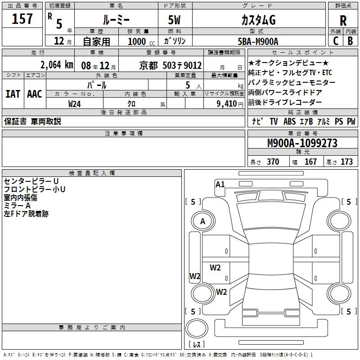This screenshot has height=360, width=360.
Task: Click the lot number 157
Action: [x=22, y=18]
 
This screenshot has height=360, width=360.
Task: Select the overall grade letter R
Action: [x=343, y=21]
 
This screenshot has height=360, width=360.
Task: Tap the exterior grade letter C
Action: [x=336, y=41]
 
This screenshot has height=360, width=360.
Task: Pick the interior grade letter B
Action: [x=350, y=41]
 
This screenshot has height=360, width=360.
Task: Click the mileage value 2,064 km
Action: [x=57, y=65]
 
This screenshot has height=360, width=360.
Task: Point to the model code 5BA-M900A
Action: [x=258, y=41]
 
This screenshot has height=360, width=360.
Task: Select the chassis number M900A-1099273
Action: [x=302, y=143]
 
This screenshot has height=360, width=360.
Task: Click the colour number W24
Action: [x=75, y=104]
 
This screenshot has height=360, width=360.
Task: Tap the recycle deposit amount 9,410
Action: [x=227, y=104]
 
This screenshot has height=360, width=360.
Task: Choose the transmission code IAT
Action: [x=13, y=94]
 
